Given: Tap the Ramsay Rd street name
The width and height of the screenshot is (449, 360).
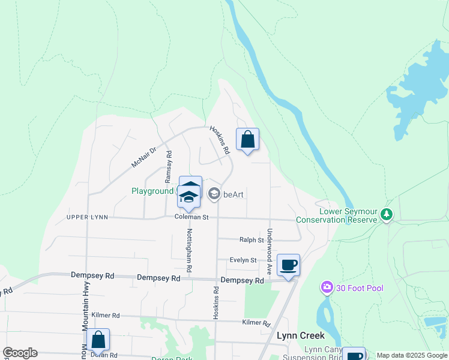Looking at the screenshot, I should tap(169, 166).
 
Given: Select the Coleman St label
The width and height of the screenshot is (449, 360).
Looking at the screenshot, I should tap(191, 217).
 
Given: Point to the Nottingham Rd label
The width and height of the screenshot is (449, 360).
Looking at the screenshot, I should tap(189, 251).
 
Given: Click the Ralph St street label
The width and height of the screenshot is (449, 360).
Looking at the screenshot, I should tap(252, 240).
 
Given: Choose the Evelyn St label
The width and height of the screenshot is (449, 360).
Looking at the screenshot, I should tap(244, 260).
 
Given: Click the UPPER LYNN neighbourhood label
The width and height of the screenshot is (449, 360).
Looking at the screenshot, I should tap(87, 217).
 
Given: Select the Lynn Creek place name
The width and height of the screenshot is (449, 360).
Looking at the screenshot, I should tap(300, 335).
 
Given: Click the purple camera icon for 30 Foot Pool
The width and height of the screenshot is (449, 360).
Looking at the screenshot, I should tap(327, 288).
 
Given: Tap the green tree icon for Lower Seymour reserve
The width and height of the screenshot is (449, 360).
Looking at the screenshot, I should tap(388, 214).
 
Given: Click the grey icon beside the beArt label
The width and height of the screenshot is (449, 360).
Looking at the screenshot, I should tap(214, 194).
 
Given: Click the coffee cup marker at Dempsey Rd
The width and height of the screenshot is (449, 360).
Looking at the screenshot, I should tap(289, 265).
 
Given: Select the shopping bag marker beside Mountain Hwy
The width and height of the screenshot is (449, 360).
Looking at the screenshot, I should tap(98, 340).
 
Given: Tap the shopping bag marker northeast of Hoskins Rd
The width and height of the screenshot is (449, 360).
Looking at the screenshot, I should tap(247, 140).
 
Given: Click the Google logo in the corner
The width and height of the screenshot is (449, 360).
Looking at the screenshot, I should tap(20, 353).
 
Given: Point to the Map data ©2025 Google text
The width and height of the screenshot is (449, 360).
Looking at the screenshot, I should tap(411, 355).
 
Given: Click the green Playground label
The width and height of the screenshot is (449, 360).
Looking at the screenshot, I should tap(152, 191).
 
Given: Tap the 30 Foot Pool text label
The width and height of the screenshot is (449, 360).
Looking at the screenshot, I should tap(360, 289).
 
